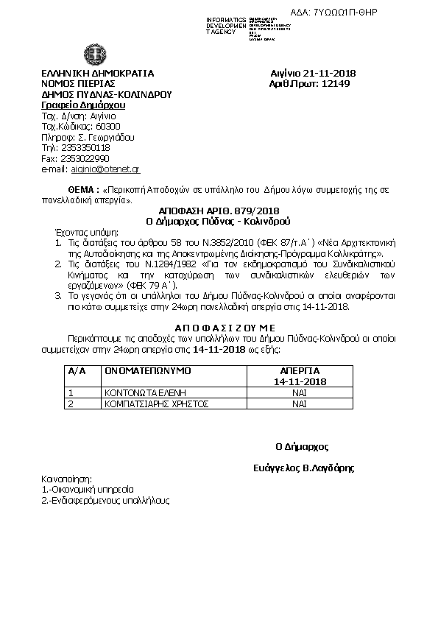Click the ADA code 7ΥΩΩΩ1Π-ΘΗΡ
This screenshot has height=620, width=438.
pos(398,13)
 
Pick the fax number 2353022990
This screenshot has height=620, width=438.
pos(85,158)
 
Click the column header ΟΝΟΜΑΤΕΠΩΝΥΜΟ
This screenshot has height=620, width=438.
pos(148,370)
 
